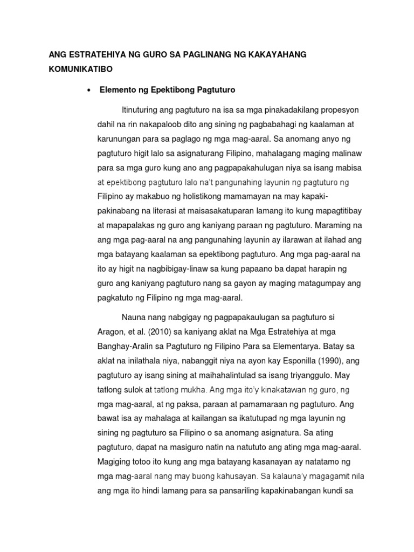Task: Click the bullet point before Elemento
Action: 87,90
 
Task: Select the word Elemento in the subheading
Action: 118,90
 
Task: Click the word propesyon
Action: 339,110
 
